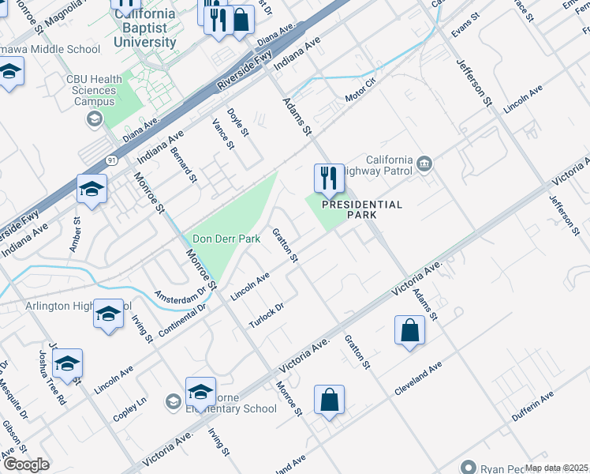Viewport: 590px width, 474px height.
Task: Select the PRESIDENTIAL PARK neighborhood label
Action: click(362, 209)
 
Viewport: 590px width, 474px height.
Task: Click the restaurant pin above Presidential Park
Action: click(329, 179)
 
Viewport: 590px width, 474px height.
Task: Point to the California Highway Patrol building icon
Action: click(425, 163)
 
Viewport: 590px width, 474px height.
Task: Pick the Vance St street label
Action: click(223, 134)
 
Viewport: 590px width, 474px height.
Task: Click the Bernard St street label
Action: click(183, 164)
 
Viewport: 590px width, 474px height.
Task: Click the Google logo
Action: click(26, 465)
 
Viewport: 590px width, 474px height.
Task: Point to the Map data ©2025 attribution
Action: click(556, 468)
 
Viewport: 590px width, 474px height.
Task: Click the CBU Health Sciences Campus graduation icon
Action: click(93, 118)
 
